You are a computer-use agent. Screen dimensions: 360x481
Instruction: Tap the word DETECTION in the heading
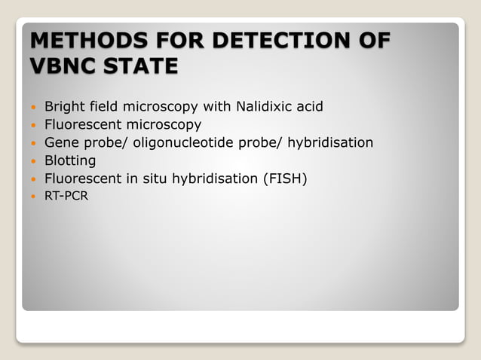click(274, 40)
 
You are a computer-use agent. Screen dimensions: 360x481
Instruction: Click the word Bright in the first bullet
click(64, 106)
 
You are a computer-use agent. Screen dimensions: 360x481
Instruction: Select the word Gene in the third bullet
click(61, 142)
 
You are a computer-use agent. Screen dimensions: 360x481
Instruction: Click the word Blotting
click(70, 160)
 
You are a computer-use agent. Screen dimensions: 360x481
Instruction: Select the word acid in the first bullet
click(309, 106)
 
